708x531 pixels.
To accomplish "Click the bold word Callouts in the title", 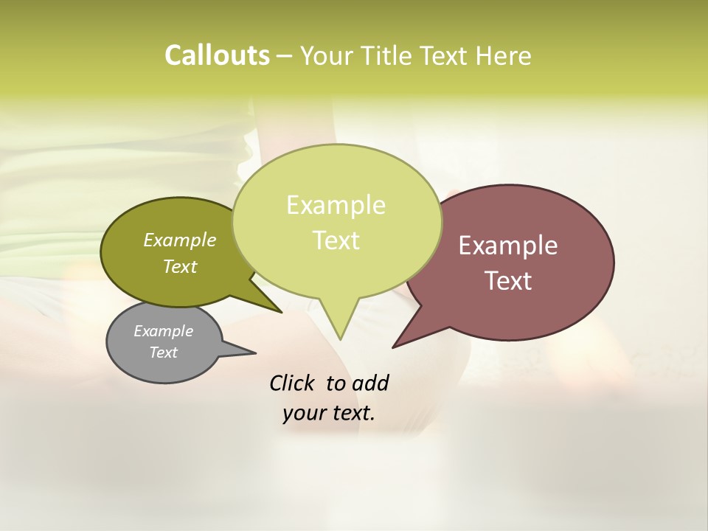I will pyautogui.click(x=217, y=55).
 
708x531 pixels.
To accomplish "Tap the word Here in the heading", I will pyautogui.click(x=504, y=56).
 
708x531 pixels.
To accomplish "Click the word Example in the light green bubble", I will pyautogui.click(x=336, y=205).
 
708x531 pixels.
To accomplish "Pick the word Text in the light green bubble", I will pyautogui.click(x=336, y=240).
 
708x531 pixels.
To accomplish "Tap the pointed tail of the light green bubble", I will pyautogui.click(x=341, y=333).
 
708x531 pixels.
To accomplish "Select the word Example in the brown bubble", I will pyautogui.click(x=508, y=246).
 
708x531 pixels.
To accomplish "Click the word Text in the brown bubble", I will pyautogui.click(x=508, y=281).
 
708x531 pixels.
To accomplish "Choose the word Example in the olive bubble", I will pyautogui.click(x=180, y=240).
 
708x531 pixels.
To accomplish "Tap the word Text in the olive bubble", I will pyautogui.click(x=180, y=266).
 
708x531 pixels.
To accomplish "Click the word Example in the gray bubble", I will pyautogui.click(x=163, y=331).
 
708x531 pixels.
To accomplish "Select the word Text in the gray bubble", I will pyautogui.click(x=163, y=353).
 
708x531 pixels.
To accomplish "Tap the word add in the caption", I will pyautogui.click(x=369, y=383).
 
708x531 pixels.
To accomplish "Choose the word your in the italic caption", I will pyautogui.click(x=304, y=413).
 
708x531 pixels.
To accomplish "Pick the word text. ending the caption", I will pyautogui.click(x=352, y=413).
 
